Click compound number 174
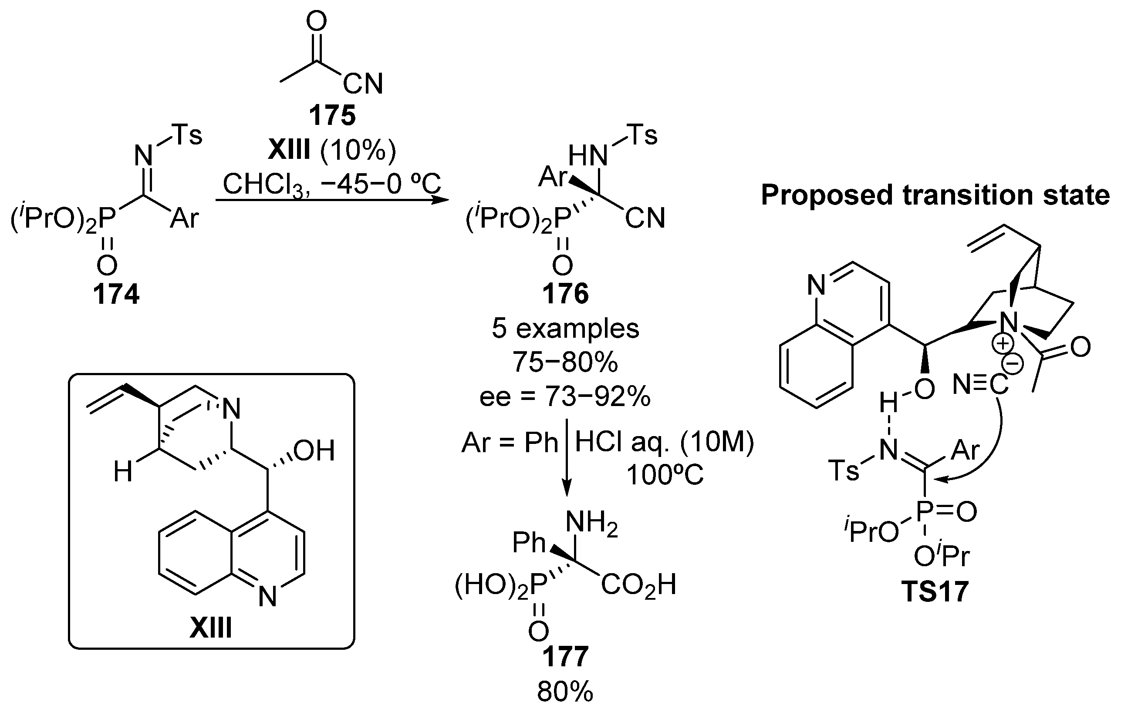[x=116, y=295]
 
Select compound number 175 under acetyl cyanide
[x=332, y=115]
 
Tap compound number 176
[x=565, y=294]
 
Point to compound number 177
[x=565, y=657]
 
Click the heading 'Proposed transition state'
[x=935, y=195]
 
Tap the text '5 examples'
[x=565, y=329]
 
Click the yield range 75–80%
[x=565, y=362]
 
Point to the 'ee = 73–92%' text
[x=565, y=397]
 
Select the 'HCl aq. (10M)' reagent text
[x=664, y=442]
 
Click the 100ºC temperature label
[x=664, y=475]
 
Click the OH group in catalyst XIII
[x=314, y=450]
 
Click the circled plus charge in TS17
[x=1002, y=344]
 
